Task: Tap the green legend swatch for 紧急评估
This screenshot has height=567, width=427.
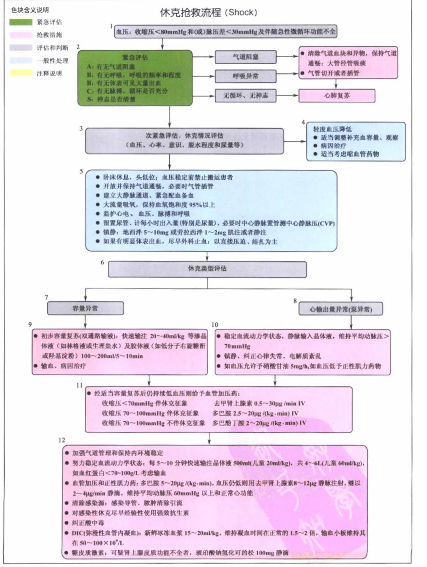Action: pos(21,22)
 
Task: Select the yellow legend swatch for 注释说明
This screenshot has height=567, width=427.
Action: pos(21,73)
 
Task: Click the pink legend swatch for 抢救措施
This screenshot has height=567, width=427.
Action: pos(21,35)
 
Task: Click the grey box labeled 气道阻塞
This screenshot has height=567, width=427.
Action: pos(245,57)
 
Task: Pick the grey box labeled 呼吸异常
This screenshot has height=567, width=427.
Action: pos(245,76)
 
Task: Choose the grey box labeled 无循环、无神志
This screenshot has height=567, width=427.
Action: pos(245,96)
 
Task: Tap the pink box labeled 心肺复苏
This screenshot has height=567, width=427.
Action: pos(337,96)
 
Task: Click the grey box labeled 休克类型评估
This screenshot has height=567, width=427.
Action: pos(207,269)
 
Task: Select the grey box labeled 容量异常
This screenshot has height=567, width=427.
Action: pos(85,308)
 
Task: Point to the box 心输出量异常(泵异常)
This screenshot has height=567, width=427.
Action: pos(341,309)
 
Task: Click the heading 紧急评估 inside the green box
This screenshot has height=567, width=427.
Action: pos(135,57)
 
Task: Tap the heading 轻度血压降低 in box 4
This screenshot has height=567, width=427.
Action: pos(332,129)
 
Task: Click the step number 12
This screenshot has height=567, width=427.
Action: pos(62,440)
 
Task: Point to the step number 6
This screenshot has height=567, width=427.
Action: pos(102,263)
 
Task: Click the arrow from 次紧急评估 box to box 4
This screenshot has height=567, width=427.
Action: pos(295,141)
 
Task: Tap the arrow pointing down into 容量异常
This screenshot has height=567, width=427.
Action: pos(85,295)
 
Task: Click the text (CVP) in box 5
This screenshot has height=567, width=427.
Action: pos(326,223)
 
